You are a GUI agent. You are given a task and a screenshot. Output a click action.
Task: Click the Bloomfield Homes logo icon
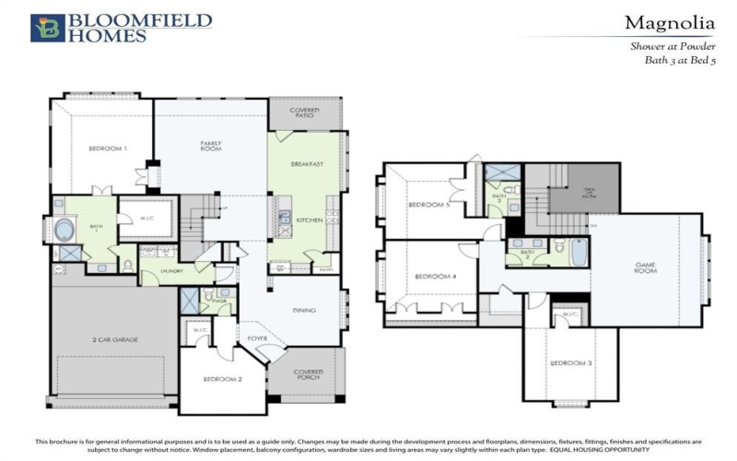47,28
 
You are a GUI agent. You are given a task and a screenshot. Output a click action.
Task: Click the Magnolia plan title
670,22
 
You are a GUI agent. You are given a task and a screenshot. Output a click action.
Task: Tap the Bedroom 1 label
108,149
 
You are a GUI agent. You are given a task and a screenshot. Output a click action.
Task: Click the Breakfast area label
307,164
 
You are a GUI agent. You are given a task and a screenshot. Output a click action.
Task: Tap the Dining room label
305,311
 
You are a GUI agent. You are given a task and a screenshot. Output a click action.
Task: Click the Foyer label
258,338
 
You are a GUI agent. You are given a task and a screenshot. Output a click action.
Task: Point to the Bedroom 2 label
223,379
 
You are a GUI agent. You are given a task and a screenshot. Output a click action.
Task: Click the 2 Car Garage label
113,339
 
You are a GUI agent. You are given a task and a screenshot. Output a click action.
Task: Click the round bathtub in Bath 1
67,230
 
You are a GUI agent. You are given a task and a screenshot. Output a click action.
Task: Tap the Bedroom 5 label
427,205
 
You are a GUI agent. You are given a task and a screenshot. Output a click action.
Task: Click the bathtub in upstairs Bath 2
579,252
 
